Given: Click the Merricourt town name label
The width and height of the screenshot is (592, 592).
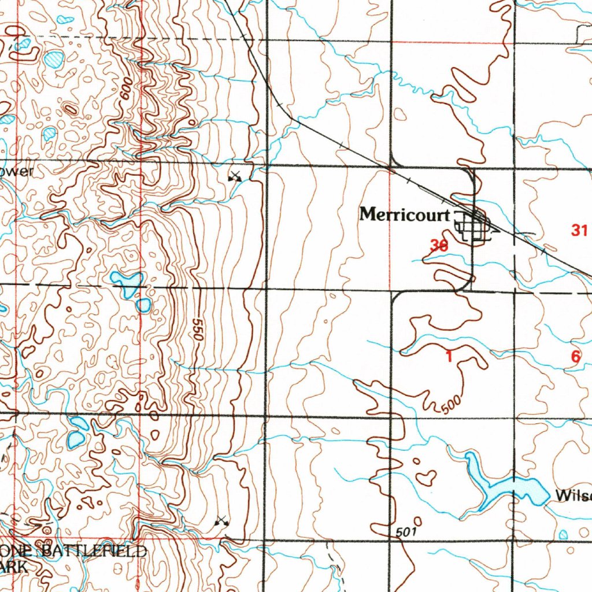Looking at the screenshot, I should click(404, 214).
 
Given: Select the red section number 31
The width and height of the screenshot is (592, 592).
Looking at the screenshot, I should click(579, 230).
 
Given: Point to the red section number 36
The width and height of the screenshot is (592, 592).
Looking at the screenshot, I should click(439, 245).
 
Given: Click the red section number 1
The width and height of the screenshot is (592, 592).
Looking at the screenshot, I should click(449, 356).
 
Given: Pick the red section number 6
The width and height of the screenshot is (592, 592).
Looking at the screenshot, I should click(575, 357).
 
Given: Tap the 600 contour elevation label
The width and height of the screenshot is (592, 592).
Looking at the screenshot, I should click(127, 91).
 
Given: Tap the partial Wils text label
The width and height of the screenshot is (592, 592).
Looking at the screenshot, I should click(573, 496).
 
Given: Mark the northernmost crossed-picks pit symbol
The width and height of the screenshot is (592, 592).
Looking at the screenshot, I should click(235, 177).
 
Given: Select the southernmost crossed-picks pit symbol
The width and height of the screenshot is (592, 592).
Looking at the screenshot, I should click(221, 521).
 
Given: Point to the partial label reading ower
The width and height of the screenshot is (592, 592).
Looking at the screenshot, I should click(17, 171).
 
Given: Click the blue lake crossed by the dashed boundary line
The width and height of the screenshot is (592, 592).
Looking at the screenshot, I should click(128, 282).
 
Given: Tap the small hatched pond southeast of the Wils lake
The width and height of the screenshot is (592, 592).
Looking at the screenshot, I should click(564, 535).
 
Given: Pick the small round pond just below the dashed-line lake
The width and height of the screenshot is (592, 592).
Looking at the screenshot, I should click(143, 305).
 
